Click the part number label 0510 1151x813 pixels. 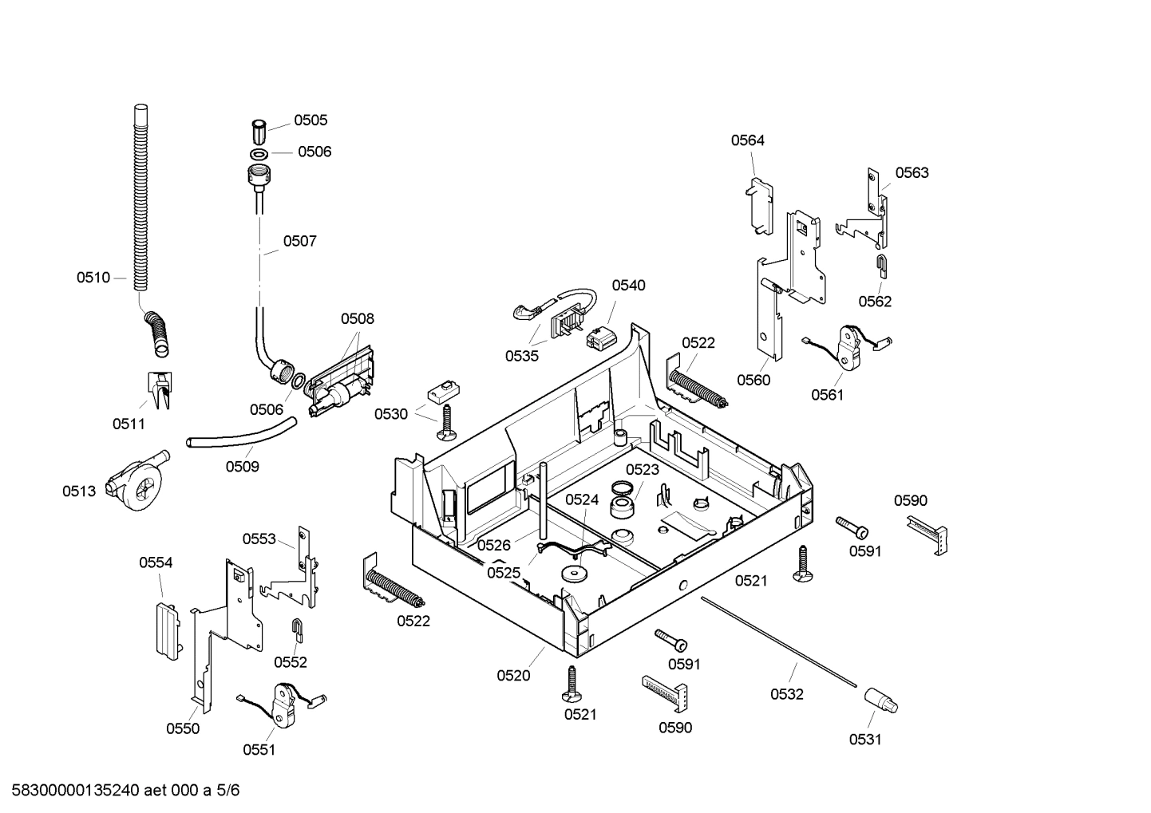(93, 278)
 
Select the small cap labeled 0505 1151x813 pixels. (259, 128)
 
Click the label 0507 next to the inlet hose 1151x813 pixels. (299, 240)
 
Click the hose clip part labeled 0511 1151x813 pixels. (160, 389)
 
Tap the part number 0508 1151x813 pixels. (357, 318)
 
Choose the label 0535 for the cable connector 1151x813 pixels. (521, 356)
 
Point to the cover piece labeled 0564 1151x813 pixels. (759, 207)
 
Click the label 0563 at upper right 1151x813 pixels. (912, 172)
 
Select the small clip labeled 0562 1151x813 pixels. (881, 264)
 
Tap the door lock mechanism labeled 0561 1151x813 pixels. (847, 348)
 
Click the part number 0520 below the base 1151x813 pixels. (513, 675)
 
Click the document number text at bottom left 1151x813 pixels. (121, 791)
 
